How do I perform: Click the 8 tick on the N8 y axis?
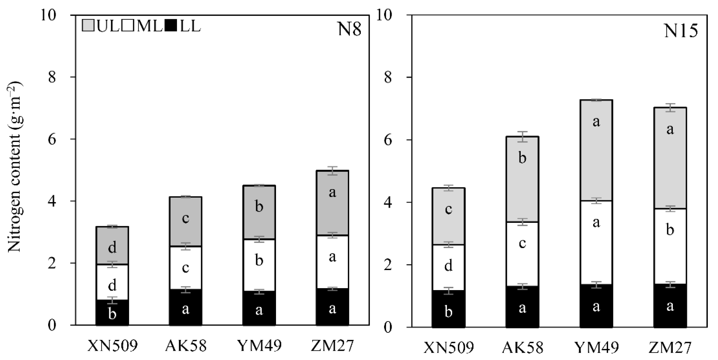click(52, 77)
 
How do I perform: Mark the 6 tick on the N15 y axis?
click(388, 140)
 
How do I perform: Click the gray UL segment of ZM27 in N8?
click(332, 203)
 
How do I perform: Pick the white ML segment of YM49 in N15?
click(596, 242)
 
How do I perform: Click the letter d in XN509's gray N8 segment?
click(112, 247)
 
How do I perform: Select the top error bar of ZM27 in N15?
click(670, 108)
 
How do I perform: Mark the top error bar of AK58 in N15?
click(522, 137)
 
